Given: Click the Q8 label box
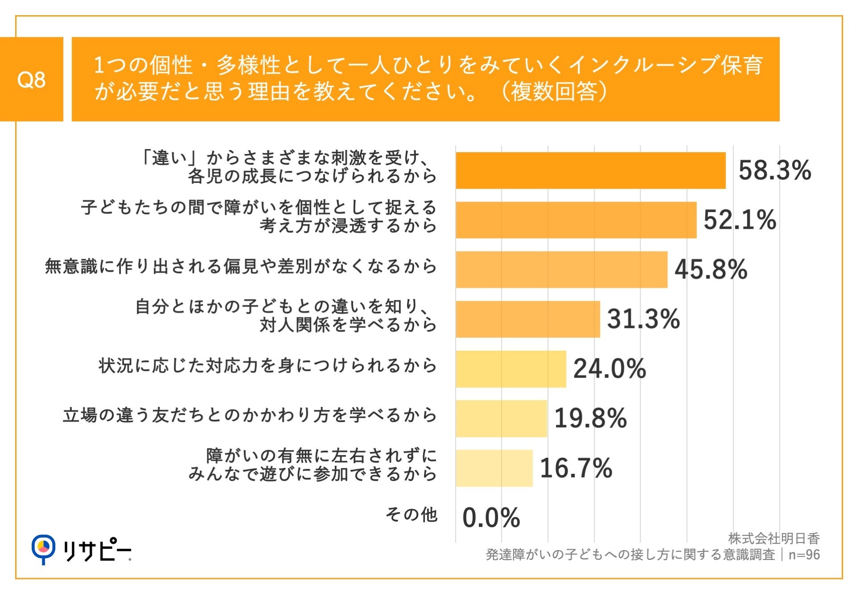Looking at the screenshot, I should click(31, 79).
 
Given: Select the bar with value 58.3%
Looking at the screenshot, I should click(590, 170).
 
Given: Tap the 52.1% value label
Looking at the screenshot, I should click(740, 220).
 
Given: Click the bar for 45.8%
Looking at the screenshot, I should click(561, 270).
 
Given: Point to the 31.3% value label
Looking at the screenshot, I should click(643, 319).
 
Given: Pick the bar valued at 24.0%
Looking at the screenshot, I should click(510, 369).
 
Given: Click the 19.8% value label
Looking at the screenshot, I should click(590, 419).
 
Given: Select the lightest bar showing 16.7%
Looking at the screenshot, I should click(494, 468).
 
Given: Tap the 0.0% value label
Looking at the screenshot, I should click(491, 518).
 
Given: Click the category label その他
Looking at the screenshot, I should click(411, 514).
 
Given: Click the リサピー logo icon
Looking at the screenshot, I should click(43, 548).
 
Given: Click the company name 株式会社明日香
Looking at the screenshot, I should click(774, 539).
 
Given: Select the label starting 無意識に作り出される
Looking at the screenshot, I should click(241, 266).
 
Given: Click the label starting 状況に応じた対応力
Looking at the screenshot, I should click(267, 365).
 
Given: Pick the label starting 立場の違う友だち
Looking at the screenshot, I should click(250, 415).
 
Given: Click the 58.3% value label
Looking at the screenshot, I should click(774, 170).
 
